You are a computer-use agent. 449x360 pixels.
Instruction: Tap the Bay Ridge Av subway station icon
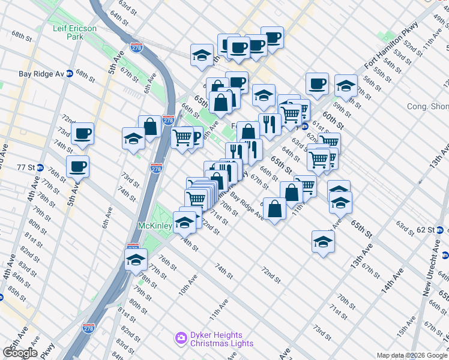click(70, 74)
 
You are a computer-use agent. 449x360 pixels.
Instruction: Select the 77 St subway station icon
click(40, 167)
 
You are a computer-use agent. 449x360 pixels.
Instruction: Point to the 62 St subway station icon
click(439, 230)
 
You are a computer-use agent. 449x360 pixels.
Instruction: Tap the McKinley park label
click(155, 226)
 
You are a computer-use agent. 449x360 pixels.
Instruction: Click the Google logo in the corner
click(19, 353)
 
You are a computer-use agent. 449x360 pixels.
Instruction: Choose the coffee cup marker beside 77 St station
click(77, 166)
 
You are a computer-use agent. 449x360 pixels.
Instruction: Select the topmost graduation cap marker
click(202, 55)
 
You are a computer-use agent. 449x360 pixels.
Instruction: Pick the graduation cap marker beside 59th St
click(346, 85)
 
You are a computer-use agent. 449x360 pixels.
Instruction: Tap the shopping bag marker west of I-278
click(149, 126)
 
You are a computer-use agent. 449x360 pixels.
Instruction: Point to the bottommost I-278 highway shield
click(88, 328)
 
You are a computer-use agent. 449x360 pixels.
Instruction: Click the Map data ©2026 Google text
click(412, 355)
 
